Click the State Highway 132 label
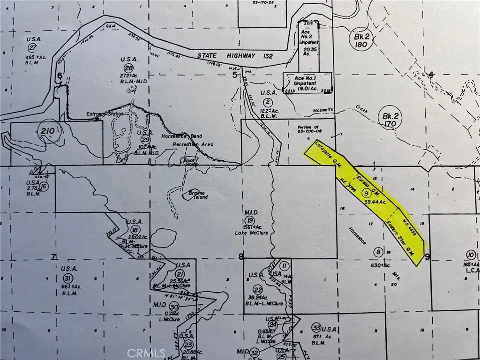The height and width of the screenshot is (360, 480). pyautogui.click(x=226, y=56)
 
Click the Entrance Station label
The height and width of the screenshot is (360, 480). pyautogui.click(x=105, y=114)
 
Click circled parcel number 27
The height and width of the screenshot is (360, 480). pyautogui.click(x=32, y=48)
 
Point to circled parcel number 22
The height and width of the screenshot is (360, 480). pyautogui.click(x=257, y=289)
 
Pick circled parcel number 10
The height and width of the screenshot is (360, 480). pyautogui.click(x=471, y=255)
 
